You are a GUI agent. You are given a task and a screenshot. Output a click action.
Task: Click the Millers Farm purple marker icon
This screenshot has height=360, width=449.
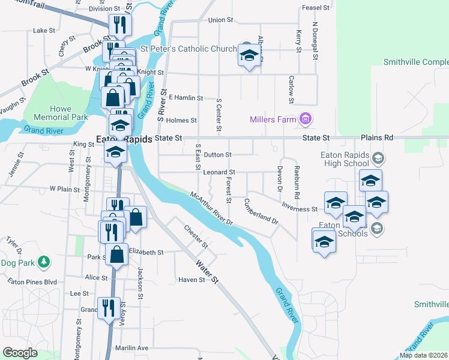[306, 119]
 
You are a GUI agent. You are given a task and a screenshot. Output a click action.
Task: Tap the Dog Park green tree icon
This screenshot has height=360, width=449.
[43, 262]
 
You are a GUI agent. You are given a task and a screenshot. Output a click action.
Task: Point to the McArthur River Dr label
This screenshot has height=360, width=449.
[211, 209]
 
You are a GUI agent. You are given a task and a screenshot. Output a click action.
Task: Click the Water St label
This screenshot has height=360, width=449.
[206, 271]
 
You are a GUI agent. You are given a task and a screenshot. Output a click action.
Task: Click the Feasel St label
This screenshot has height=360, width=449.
[316, 8]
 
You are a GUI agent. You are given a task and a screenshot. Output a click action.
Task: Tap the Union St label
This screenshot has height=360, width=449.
[220, 20]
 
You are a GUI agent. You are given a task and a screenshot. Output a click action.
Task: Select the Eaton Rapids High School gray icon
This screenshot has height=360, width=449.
[378, 158]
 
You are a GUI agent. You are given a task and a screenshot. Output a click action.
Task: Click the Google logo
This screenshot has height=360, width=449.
[20, 353]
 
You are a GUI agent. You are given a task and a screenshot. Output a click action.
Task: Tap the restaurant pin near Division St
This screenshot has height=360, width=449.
[119, 25]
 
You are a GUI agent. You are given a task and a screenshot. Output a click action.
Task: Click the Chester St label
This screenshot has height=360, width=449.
[196, 236]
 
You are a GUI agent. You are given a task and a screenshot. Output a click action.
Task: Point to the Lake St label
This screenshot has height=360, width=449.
[44, 30]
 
